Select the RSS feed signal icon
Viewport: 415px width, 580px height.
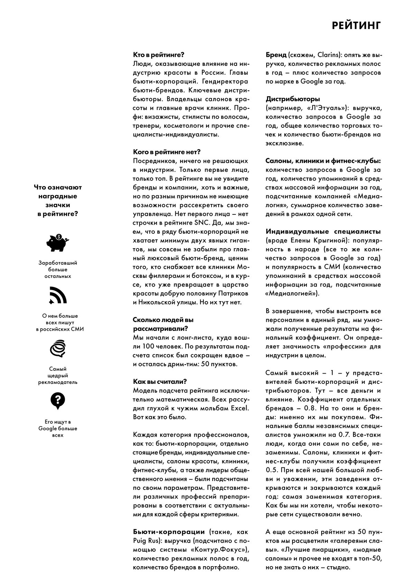pos(58,295)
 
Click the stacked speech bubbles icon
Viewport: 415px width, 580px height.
pos(58,348)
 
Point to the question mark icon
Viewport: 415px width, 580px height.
pos(58,400)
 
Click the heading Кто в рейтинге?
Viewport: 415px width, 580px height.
pos(158,55)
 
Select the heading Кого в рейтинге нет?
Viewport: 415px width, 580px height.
pos(167,152)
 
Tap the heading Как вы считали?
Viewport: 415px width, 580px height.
pos(160,381)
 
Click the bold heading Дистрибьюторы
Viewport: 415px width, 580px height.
pos(293,99)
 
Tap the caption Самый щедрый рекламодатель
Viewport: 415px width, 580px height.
pos(58,376)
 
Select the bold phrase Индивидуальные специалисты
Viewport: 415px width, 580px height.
pos(323,231)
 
